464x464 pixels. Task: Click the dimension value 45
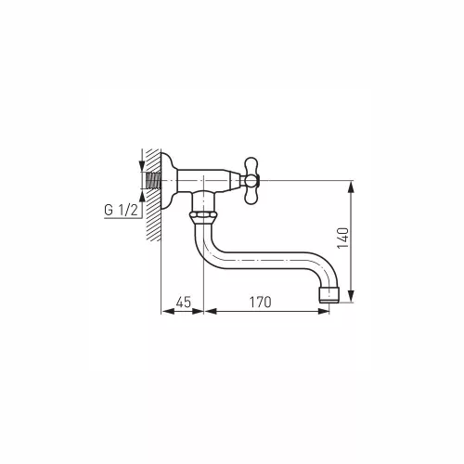tap(184, 303)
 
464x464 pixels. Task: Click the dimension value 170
tap(260, 303)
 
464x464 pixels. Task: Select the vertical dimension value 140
tap(342, 238)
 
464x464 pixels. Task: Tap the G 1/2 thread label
tap(121, 211)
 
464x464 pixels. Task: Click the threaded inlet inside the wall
tap(153, 180)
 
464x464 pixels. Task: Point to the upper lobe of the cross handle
tap(251, 166)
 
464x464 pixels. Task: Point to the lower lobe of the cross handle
tap(251, 195)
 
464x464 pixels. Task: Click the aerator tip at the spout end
tap(329, 295)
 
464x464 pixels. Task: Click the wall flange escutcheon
tap(168, 180)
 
